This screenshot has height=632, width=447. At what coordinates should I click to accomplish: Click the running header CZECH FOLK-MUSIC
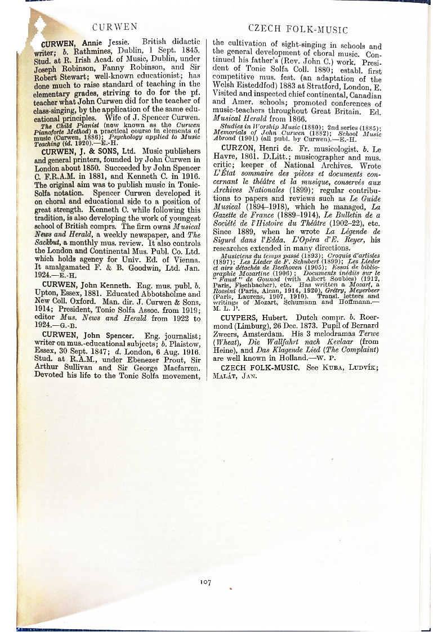click(x=297, y=29)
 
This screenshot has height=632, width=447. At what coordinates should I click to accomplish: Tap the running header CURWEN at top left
click(x=114, y=26)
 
